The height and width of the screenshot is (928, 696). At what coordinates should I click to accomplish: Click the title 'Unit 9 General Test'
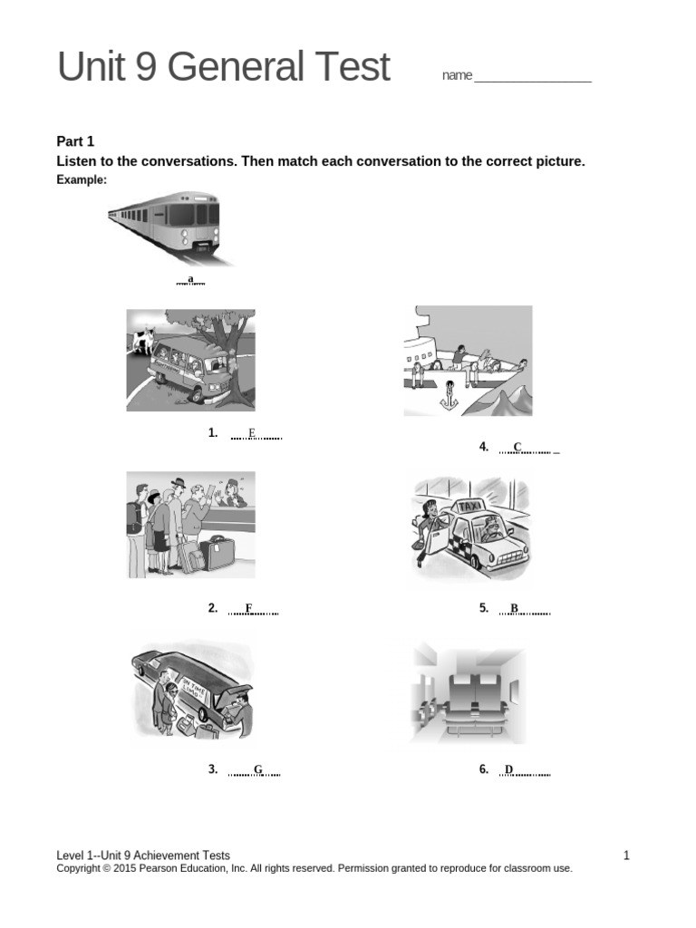pyautogui.click(x=224, y=68)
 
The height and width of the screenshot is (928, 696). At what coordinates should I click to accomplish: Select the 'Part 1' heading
pyautogui.click(x=75, y=141)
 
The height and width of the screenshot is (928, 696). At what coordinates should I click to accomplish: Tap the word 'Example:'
pyautogui.click(x=82, y=180)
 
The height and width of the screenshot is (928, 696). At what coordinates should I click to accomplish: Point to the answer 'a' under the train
pyautogui.click(x=190, y=278)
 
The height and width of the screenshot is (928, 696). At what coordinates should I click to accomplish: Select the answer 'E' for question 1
pyautogui.click(x=252, y=432)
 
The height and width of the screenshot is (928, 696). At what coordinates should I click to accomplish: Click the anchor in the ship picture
pyautogui.click(x=446, y=395)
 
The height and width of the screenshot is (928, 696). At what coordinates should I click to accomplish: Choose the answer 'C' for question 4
pyautogui.click(x=517, y=446)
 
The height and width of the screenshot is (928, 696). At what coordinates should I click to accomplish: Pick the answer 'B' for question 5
pyautogui.click(x=514, y=608)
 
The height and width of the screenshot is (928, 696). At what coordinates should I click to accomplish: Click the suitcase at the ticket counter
pyautogui.click(x=217, y=552)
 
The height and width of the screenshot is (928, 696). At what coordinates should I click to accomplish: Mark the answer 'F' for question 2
pyautogui.click(x=248, y=608)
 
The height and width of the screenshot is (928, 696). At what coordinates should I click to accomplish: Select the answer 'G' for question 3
pyautogui.click(x=257, y=769)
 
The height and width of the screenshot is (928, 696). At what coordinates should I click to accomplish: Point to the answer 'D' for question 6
pyautogui.click(x=508, y=769)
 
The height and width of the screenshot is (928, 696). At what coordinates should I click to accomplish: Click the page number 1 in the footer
pyautogui.click(x=626, y=855)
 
